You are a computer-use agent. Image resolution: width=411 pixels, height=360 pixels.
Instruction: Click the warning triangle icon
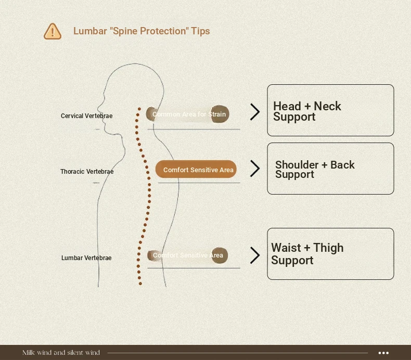(x=53, y=31)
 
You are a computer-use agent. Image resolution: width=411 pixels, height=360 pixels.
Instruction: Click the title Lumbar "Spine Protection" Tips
(x=142, y=31)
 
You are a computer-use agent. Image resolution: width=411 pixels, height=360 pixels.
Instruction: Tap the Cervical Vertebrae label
(x=86, y=116)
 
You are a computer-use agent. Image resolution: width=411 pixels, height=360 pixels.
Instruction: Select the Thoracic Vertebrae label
(x=87, y=172)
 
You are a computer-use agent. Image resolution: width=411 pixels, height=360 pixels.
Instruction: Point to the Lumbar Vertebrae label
(x=86, y=258)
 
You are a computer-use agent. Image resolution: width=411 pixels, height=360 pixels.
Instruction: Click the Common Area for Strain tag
(x=188, y=114)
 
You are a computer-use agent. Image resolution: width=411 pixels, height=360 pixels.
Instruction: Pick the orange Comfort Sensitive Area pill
(x=196, y=170)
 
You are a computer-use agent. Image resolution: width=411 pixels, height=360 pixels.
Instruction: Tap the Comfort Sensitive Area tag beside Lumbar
(x=188, y=255)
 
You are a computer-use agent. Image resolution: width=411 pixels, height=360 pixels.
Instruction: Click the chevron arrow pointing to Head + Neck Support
(x=255, y=112)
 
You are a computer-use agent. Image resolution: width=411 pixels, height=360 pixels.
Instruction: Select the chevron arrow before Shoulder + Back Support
(x=255, y=169)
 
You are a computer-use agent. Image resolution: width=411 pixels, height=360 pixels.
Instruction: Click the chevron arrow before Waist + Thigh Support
(x=255, y=255)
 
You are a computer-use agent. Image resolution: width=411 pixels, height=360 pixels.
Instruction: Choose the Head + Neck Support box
(x=330, y=110)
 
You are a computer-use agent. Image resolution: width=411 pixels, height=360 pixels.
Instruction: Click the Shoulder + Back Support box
(x=330, y=169)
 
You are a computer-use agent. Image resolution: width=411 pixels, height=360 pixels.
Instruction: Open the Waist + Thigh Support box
(x=330, y=254)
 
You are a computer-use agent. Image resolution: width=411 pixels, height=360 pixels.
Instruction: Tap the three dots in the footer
(x=383, y=353)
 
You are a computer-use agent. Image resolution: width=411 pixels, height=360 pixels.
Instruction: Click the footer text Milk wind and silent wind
(x=61, y=353)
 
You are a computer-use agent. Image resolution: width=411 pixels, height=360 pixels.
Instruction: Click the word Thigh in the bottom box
(x=328, y=248)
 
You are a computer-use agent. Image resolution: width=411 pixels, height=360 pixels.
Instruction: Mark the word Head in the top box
(x=287, y=106)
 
